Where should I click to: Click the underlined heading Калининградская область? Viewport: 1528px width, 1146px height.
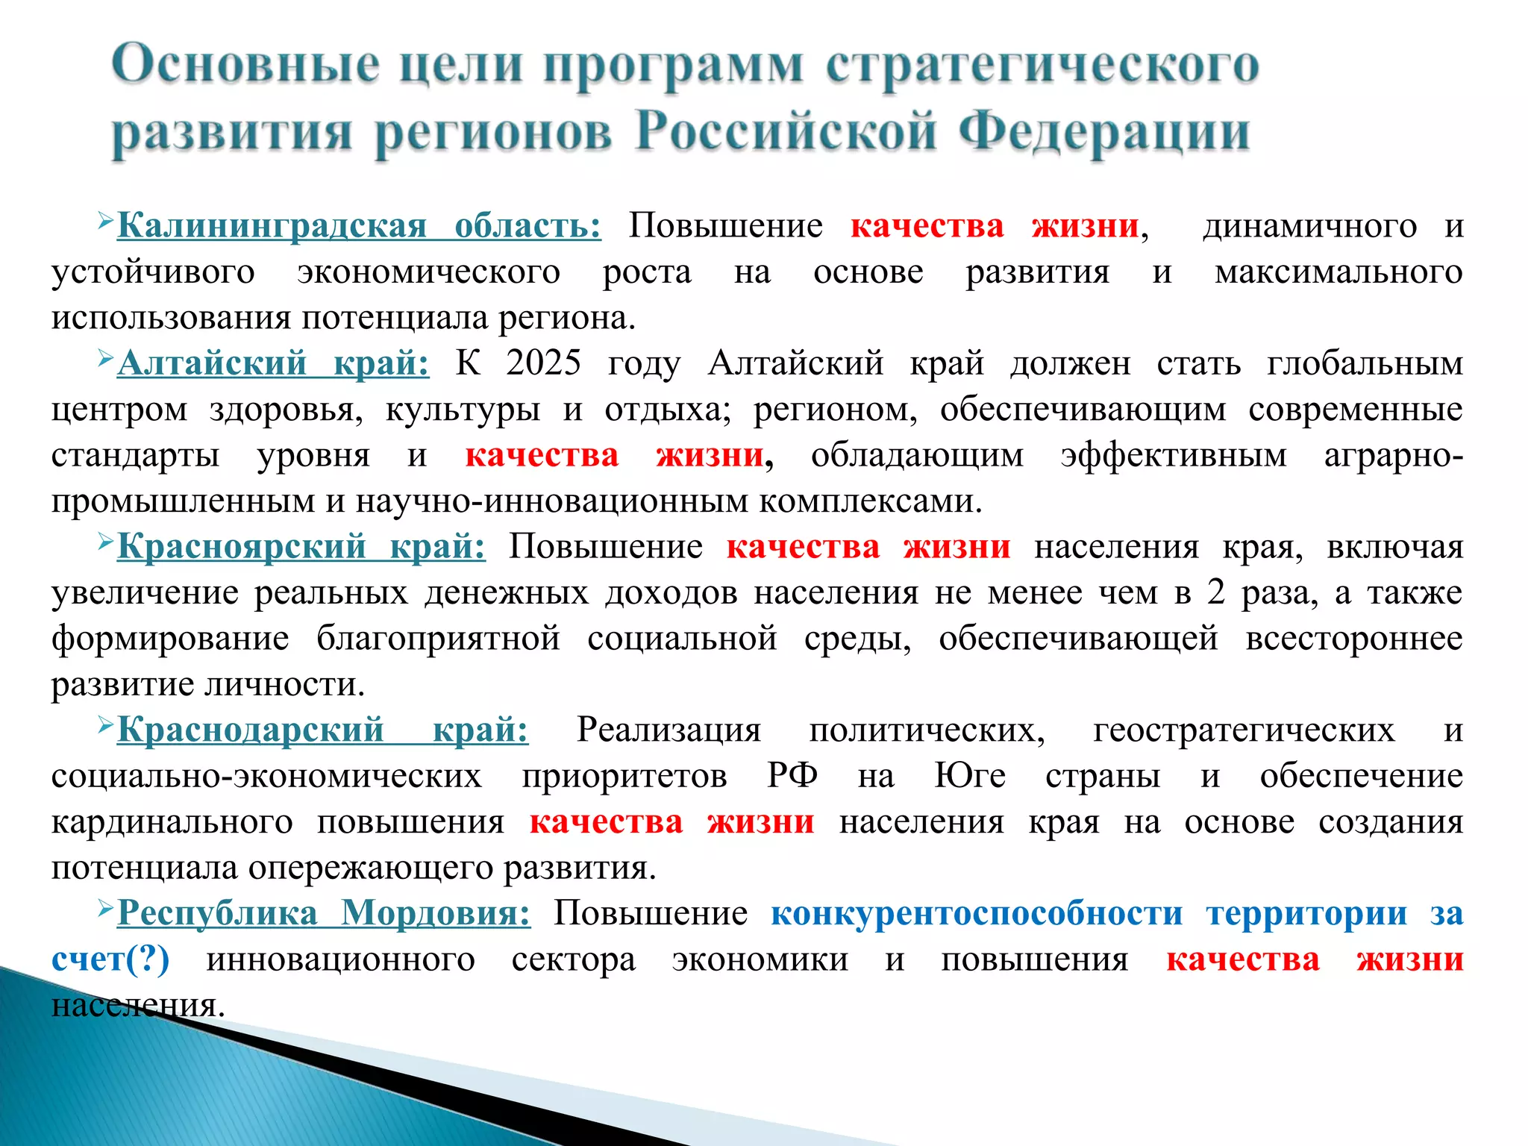pyautogui.click(x=359, y=226)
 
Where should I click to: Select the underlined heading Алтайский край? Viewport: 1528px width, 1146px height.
pyautogui.click(x=273, y=364)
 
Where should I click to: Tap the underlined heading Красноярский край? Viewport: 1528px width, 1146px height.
pyautogui.click(x=301, y=547)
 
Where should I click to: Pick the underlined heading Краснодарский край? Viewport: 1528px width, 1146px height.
pyautogui.click(x=322, y=730)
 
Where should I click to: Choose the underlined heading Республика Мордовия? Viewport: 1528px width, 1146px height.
pyautogui.click(x=324, y=913)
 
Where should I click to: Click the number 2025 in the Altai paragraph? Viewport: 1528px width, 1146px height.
pyautogui.click(x=543, y=364)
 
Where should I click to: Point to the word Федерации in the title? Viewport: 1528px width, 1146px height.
pyautogui.click(x=1103, y=133)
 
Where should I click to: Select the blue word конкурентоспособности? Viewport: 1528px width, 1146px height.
pyautogui.click(x=977, y=914)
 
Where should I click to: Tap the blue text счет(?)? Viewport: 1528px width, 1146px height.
pyautogui.click(x=110, y=959)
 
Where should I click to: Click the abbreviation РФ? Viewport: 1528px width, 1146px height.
pyautogui.click(x=792, y=776)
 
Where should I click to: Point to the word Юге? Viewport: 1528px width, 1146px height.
pyautogui.click(x=970, y=776)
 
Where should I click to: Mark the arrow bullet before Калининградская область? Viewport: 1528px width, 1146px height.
pyautogui.click(x=104, y=221)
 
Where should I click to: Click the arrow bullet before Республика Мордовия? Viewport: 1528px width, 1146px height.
pyautogui.click(x=104, y=908)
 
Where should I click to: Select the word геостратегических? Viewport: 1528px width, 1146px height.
pyautogui.click(x=1244, y=730)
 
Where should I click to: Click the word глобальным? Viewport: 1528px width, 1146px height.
pyautogui.click(x=1365, y=364)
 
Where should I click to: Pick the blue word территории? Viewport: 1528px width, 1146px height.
pyautogui.click(x=1306, y=914)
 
